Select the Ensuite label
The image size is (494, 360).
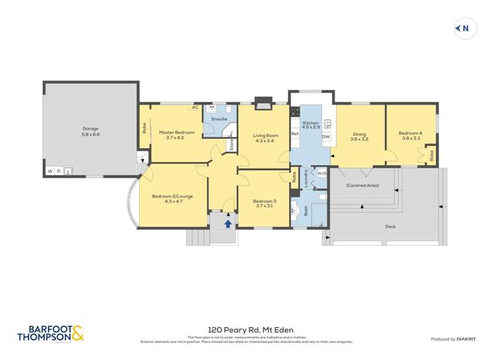click(x=219, y=119)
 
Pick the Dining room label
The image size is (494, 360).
click(x=359, y=136)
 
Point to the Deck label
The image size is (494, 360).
click(x=391, y=226)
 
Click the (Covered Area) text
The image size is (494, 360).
click(x=362, y=186)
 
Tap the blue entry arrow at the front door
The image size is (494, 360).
click(x=228, y=224)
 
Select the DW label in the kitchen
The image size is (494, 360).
click(x=325, y=137)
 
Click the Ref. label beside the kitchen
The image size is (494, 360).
click(x=295, y=134)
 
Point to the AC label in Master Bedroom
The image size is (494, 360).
click(x=195, y=107)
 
